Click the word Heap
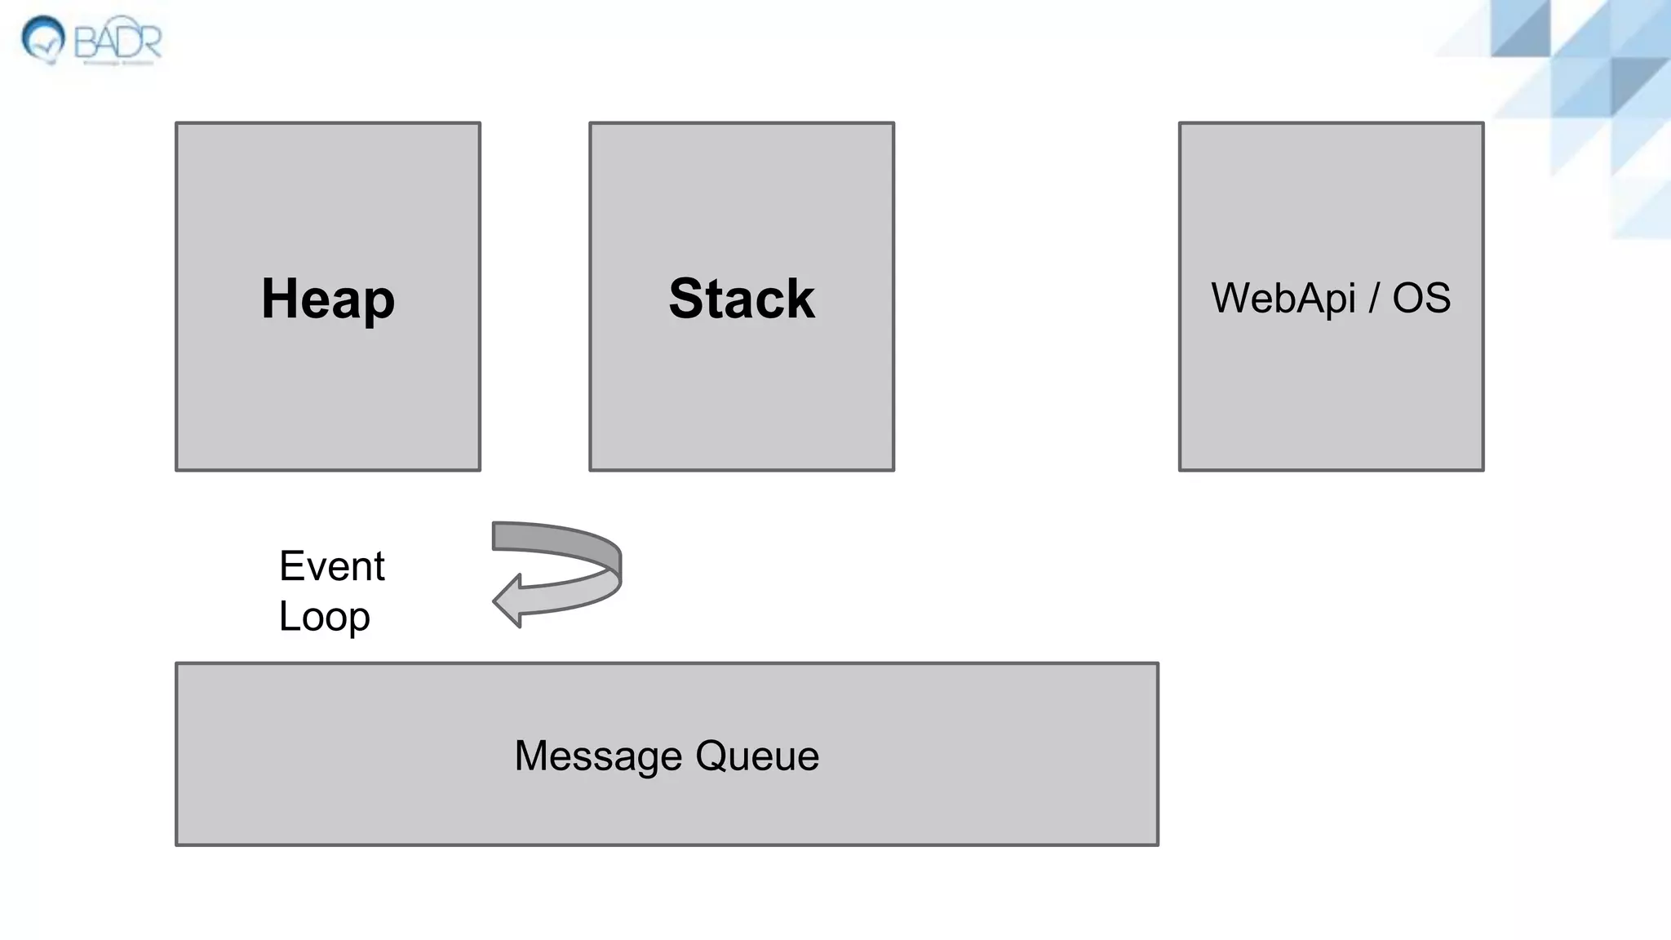point(328,299)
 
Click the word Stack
point(741,299)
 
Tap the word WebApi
point(1283,298)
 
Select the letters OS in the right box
point(1421,298)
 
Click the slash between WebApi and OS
point(1374,298)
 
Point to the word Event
point(331,566)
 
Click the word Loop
point(324,617)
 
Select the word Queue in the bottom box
point(757,756)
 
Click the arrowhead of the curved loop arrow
point(508,601)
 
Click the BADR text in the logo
point(117,39)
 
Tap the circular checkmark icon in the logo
point(43,38)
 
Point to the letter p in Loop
point(358,620)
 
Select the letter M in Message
point(533,756)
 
